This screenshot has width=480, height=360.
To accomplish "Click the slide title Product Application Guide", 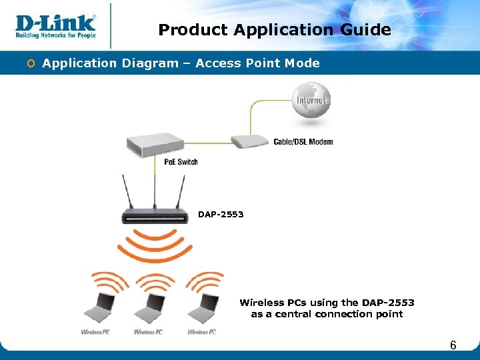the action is (275, 30).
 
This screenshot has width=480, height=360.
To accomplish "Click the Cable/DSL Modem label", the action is (303, 141).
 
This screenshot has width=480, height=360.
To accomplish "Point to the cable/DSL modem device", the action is (250, 141).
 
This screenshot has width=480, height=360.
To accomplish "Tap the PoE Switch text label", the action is (181, 161).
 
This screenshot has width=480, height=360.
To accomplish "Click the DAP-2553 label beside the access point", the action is (221, 215).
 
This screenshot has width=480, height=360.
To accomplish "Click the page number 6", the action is (453, 345).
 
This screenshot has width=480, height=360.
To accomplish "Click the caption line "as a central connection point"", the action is (327, 314).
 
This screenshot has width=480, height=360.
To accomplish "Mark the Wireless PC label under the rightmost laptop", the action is (201, 332).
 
